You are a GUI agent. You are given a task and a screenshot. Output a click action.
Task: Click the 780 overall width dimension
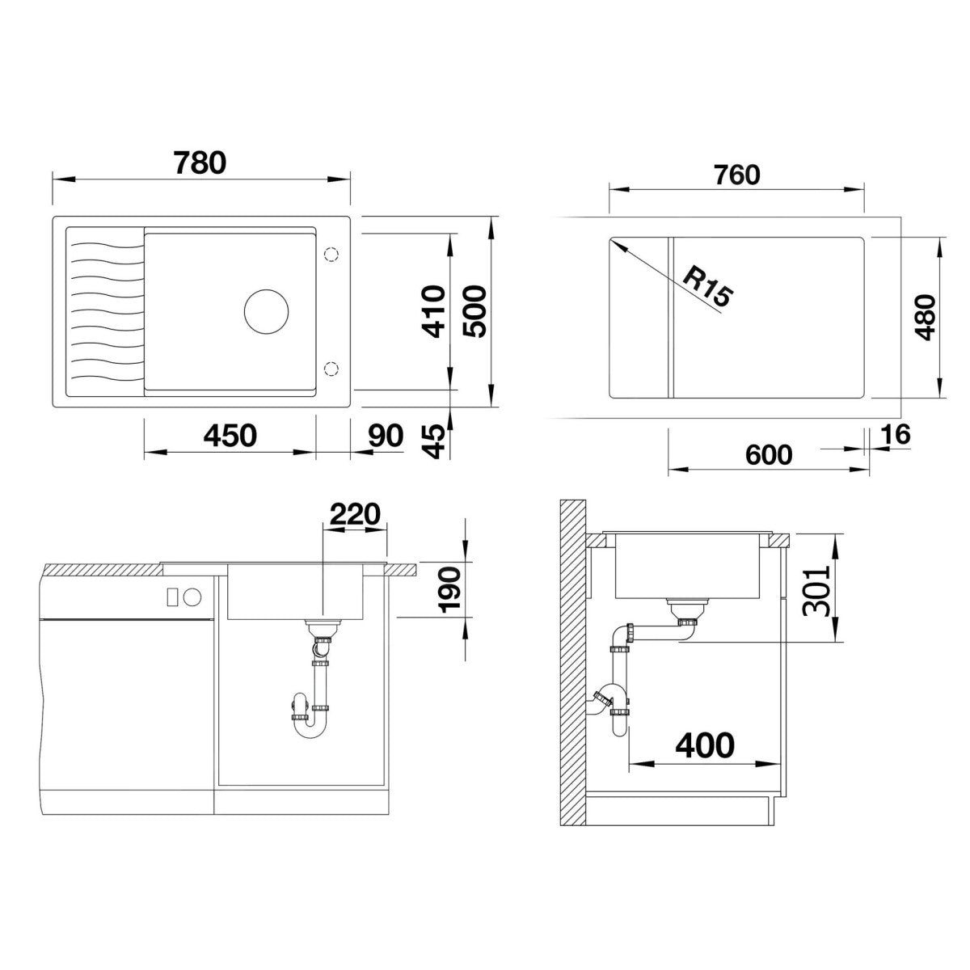pos(200,163)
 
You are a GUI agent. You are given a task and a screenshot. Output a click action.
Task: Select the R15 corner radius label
pos(708,293)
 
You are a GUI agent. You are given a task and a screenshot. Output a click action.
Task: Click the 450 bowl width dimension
pos(230,436)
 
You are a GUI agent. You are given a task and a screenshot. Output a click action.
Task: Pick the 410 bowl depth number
pos(434,311)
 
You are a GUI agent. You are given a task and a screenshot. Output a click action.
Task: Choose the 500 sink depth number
pos(474,311)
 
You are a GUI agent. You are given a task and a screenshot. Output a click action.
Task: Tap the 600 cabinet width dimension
pos(769,455)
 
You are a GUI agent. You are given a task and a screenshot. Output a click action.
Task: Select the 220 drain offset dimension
pos(355,514)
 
